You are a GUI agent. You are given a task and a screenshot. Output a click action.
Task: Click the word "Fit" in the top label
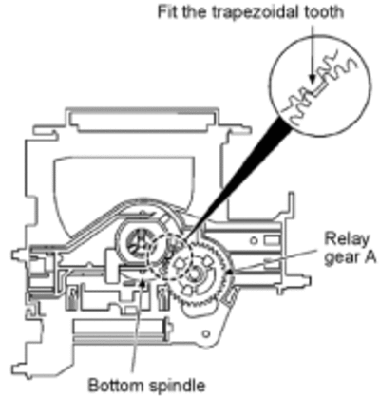click(x=167, y=12)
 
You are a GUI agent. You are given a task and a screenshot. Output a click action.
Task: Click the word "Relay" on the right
click(x=347, y=240)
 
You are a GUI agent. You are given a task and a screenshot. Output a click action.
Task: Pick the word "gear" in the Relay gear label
click(x=341, y=259)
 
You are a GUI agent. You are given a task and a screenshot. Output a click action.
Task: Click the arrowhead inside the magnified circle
click(x=313, y=79)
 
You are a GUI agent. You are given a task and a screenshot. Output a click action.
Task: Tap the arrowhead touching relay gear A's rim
click(x=230, y=272)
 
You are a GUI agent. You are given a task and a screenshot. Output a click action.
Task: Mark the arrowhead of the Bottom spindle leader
click(x=142, y=282)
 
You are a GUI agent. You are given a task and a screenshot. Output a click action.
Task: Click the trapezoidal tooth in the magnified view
click(x=320, y=87)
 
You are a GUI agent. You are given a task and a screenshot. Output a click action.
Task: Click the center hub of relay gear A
click(x=194, y=272)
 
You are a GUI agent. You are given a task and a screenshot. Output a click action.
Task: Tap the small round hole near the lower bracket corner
click(x=206, y=333)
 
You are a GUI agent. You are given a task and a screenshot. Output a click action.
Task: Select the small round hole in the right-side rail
click(x=254, y=241)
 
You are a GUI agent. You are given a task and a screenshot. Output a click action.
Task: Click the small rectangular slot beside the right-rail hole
click(x=272, y=241)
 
